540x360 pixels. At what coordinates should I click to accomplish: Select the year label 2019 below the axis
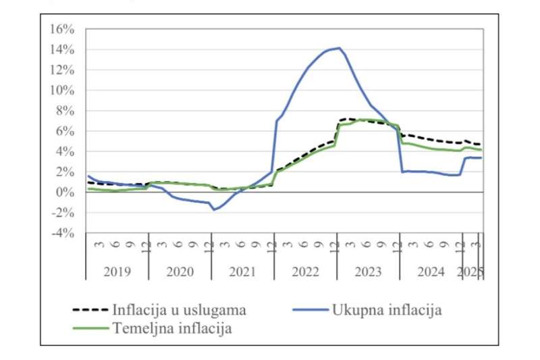pos(117,272)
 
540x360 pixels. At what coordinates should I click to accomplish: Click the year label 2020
pos(180,272)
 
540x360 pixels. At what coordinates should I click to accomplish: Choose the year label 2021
pos(242,272)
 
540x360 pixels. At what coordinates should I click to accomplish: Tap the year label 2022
pos(305,272)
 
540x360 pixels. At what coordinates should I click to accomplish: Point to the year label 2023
pos(368,272)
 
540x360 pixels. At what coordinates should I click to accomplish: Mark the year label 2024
pos(431,272)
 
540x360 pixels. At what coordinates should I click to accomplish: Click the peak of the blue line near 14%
pos(339,48)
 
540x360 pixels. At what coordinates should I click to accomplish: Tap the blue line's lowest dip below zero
pos(214,209)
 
